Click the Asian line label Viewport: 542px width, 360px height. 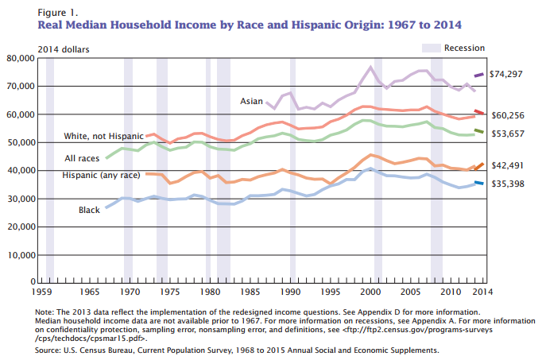coord(252,102)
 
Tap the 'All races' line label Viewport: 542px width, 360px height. coord(82,159)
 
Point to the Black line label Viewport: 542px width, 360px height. coord(89,211)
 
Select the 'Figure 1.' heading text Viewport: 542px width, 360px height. coord(59,14)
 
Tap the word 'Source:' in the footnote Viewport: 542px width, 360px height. coord(50,350)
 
